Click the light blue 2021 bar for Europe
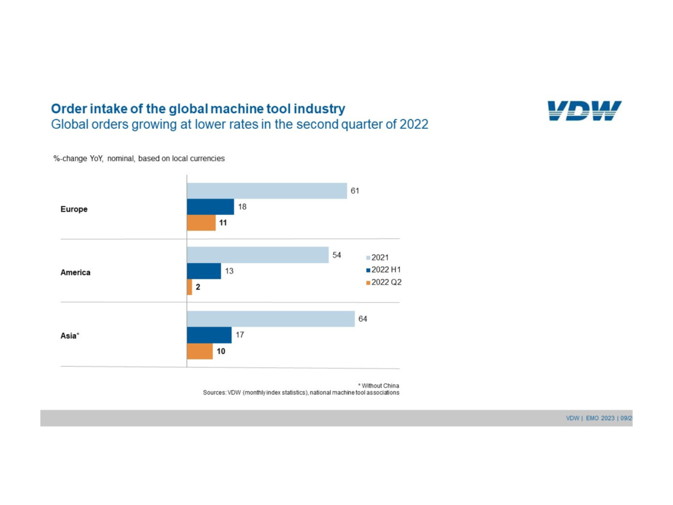(x=267, y=191)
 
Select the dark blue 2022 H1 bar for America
(x=204, y=271)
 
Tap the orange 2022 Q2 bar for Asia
(x=200, y=351)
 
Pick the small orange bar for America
(x=189, y=287)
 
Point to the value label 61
(x=355, y=191)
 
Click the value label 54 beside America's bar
(x=336, y=255)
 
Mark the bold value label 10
(x=221, y=351)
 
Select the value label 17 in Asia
(x=240, y=335)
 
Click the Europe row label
(x=74, y=209)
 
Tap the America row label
(x=75, y=272)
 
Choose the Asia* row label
(x=69, y=336)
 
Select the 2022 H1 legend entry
(x=385, y=270)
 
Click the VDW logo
(x=584, y=110)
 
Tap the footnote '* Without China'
(x=379, y=386)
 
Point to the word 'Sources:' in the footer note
(x=215, y=392)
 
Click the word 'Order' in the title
(x=69, y=109)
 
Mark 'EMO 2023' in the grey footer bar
(x=600, y=418)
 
